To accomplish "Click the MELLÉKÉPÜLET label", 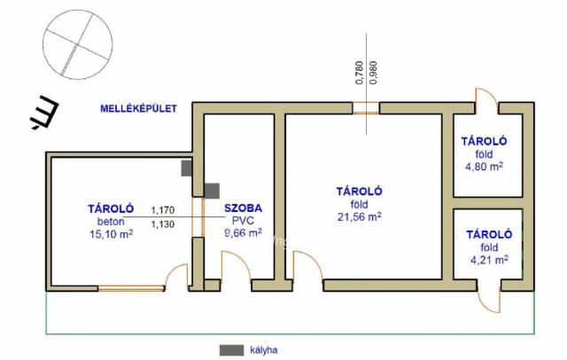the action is [138, 108].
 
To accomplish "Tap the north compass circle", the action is [78, 10].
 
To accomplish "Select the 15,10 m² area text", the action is [111, 234].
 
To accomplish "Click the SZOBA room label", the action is [243, 208].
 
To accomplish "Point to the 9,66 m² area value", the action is [244, 232].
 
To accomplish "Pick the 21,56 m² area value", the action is [359, 216].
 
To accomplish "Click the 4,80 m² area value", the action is [484, 167].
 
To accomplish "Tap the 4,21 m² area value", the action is [489, 260].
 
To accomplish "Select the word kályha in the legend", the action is [264, 350].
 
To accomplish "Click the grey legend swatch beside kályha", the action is [231, 350].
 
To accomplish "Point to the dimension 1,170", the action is [163, 210].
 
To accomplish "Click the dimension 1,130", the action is [163, 224].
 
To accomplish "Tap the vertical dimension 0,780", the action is [359, 73].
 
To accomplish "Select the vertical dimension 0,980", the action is [374, 73].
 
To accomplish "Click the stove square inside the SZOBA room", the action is [212, 191].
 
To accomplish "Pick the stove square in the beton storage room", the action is [186, 168].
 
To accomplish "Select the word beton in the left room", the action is [111, 222].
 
